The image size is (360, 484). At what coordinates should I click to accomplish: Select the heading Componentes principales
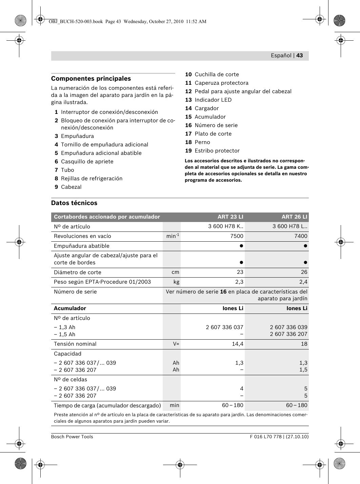click(91, 79)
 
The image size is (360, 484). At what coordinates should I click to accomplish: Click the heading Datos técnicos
click(74, 203)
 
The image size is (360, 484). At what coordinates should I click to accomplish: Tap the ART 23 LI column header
click(230, 217)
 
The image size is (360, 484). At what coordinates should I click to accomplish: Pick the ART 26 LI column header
click(294, 217)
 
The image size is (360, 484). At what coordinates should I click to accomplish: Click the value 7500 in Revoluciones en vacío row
click(237, 236)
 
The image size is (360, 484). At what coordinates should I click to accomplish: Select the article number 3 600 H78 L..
click(290, 226)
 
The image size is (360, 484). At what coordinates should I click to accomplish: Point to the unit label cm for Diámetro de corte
click(175, 272)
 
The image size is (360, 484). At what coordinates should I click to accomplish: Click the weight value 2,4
click(303, 282)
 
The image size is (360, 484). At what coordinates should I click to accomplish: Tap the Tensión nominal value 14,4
click(237, 344)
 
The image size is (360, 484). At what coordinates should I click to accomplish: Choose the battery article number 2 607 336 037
click(224, 327)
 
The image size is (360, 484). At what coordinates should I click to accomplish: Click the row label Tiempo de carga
click(107, 406)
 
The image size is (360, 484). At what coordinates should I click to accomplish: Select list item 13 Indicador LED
click(208, 100)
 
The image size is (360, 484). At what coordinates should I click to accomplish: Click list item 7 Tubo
click(64, 170)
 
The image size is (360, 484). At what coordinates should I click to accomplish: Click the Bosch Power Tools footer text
click(72, 437)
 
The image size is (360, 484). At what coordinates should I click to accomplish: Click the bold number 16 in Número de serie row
click(223, 292)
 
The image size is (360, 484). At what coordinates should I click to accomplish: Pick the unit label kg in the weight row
click(176, 282)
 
